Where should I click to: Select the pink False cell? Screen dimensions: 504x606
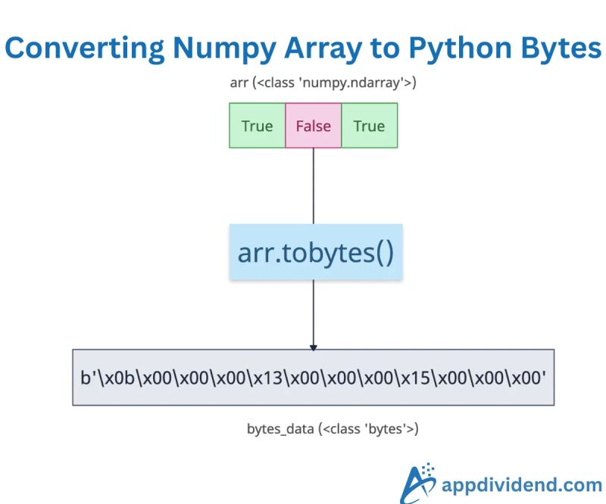click(313, 126)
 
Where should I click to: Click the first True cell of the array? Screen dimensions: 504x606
click(257, 126)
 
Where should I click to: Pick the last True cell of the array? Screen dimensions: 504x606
click(369, 126)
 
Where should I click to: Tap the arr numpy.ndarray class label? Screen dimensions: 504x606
click(312, 82)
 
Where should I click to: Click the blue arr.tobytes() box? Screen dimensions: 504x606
click(315, 252)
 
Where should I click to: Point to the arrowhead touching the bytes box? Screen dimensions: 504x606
click(313, 347)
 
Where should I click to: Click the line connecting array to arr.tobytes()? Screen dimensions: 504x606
click(313, 185)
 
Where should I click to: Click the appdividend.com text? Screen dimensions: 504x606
click(522, 484)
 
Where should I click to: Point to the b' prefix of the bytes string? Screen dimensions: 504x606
click(88, 377)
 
